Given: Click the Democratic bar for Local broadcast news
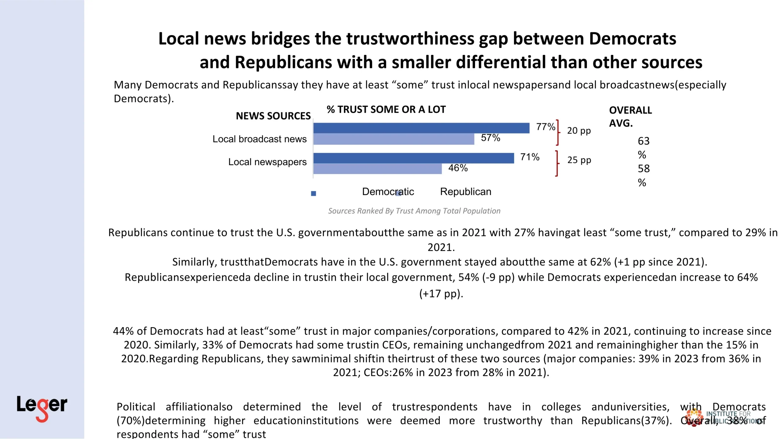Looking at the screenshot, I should click(x=421, y=128).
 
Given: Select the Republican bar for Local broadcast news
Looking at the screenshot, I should click(x=394, y=139).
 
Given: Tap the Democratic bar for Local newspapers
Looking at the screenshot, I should click(x=413, y=158).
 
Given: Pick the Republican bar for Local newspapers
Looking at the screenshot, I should click(x=377, y=169).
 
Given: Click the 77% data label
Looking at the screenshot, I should click(x=545, y=127).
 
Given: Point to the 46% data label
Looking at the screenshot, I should click(x=458, y=168).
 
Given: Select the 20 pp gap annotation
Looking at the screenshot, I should click(x=579, y=130).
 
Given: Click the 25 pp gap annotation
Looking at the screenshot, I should click(x=579, y=160).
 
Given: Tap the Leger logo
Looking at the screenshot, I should click(x=42, y=408).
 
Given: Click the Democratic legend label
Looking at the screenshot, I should click(x=388, y=192).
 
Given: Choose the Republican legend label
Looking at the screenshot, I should click(x=466, y=192).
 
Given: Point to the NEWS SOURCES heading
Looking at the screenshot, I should click(x=273, y=116).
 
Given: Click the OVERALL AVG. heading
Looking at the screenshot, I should click(x=630, y=116).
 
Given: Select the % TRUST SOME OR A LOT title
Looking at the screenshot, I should click(x=386, y=109).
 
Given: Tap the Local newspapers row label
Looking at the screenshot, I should click(x=267, y=162).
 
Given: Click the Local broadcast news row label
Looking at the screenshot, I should click(x=259, y=139).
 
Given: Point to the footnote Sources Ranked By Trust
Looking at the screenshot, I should click(x=414, y=211).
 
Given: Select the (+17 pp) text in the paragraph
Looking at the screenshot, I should click(x=441, y=294).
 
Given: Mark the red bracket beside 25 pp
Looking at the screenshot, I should click(x=557, y=163).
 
